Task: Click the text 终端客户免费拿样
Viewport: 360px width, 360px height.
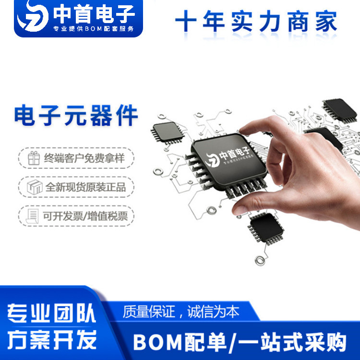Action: pyautogui.click(x=84, y=158)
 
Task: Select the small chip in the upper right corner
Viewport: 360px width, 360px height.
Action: pyautogui.click(x=339, y=110)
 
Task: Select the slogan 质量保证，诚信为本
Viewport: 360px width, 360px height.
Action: pyautogui.click(x=180, y=312)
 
